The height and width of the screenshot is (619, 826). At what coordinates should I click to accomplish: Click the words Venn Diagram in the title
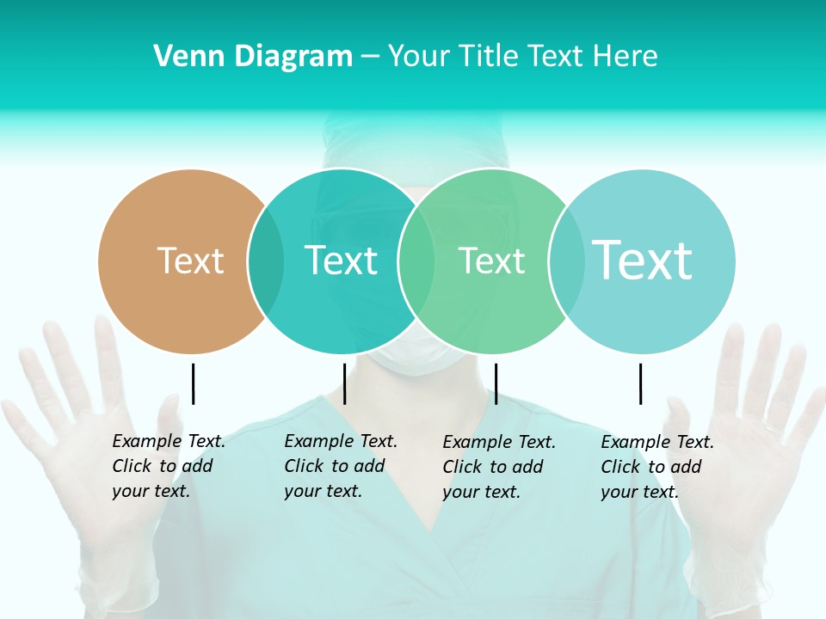click(x=253, y=57)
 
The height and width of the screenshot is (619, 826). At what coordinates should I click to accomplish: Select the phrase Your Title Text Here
click(x=522, y=57)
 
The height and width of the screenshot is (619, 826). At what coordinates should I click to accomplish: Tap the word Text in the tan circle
click(x=190, y=260)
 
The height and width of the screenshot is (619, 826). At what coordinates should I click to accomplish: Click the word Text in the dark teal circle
click(x=341, y=260)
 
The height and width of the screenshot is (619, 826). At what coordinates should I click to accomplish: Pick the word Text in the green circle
click(x=491, y=260)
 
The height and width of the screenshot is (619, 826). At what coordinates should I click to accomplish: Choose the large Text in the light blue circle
click(x=642, y=260)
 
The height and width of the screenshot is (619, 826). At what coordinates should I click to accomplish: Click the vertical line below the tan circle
click(x=193, y=383)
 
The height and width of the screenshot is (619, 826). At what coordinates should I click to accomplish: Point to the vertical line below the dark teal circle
click(x=344, y=383)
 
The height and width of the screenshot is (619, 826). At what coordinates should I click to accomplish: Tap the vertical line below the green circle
click(x=496, y=383)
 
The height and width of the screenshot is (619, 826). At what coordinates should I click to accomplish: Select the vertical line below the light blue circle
click(x=640, y=383)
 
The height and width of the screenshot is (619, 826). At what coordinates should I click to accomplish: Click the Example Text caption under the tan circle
click(x=169, y=466)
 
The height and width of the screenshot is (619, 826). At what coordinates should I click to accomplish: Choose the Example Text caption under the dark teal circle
click(x=341, y=466)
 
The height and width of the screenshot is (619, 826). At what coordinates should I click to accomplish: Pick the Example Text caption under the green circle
click(x=499, y=467)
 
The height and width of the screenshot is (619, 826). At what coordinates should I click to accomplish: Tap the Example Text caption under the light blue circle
click(x=657, y=467)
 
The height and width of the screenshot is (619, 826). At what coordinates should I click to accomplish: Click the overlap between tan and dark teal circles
click(x=266, y=260)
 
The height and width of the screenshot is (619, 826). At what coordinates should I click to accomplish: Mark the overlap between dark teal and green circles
click(x=416, y=260)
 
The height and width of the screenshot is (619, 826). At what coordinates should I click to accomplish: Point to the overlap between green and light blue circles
click(x=566, y=260)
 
